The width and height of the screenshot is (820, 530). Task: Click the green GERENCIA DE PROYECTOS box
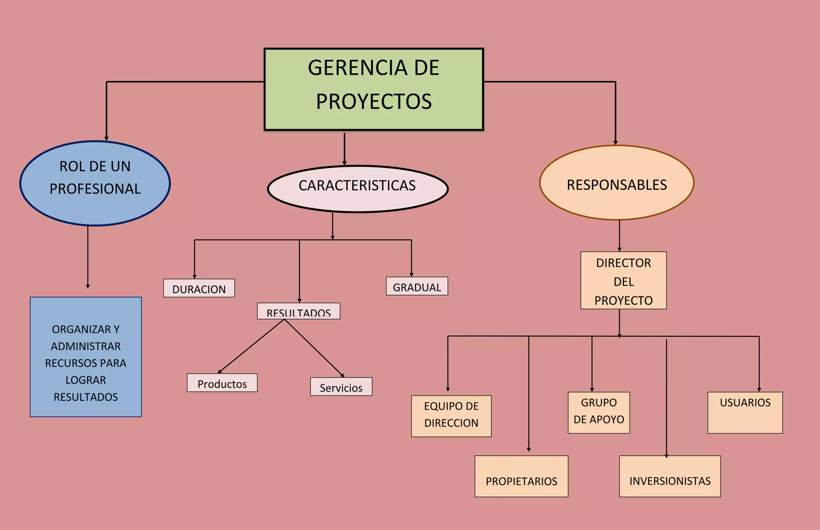coord(374,89)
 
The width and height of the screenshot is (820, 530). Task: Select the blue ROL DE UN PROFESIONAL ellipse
coord(95,183)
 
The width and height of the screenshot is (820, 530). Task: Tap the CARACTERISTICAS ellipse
coord(358,188)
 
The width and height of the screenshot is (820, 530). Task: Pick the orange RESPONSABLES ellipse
coord(617,183)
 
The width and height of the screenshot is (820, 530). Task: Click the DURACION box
coord(199,288)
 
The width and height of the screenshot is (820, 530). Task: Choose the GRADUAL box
coord(417,286)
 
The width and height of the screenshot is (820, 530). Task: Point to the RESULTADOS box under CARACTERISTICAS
coord(298,311)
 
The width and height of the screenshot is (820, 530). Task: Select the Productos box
coord(222,383)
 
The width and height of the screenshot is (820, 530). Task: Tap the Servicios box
coord(341,387)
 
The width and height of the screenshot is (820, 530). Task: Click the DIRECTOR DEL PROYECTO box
coord(623,280)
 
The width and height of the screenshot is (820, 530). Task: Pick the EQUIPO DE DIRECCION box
coord(451,416)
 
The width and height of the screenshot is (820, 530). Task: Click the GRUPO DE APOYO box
coord(599,412)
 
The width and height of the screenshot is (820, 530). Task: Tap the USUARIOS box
coord(745,412)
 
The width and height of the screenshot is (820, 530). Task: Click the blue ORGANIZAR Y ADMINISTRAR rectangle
coord(86,357)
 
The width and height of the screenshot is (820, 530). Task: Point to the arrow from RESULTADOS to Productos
coord(251,346)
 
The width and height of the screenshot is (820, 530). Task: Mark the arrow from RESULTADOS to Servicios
coord(314,348)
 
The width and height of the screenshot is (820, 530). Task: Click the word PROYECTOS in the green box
coord(374,102)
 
